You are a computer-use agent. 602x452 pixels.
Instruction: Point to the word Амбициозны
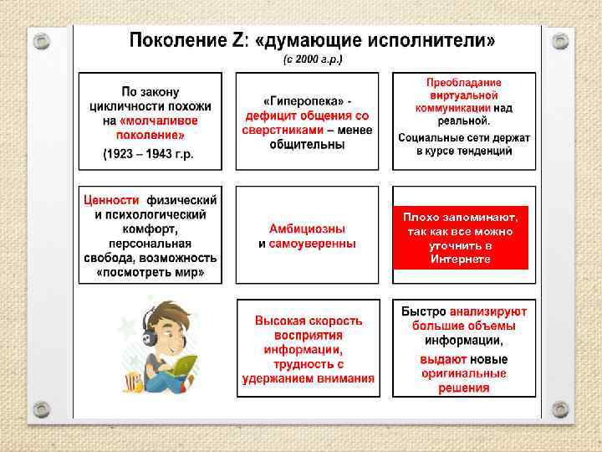[307, 229]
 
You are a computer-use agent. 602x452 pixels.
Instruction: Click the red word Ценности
[110, 200]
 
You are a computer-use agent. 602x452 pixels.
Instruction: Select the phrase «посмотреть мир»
[150, 272]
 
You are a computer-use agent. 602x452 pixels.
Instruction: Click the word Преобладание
[463, 83]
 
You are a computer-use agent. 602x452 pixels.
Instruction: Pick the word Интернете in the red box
[461, 259]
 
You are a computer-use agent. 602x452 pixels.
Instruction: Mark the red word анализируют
[489, 311]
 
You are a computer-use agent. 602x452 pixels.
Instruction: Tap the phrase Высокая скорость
[309, 321]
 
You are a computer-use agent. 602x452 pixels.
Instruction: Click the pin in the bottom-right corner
[560, 408]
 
